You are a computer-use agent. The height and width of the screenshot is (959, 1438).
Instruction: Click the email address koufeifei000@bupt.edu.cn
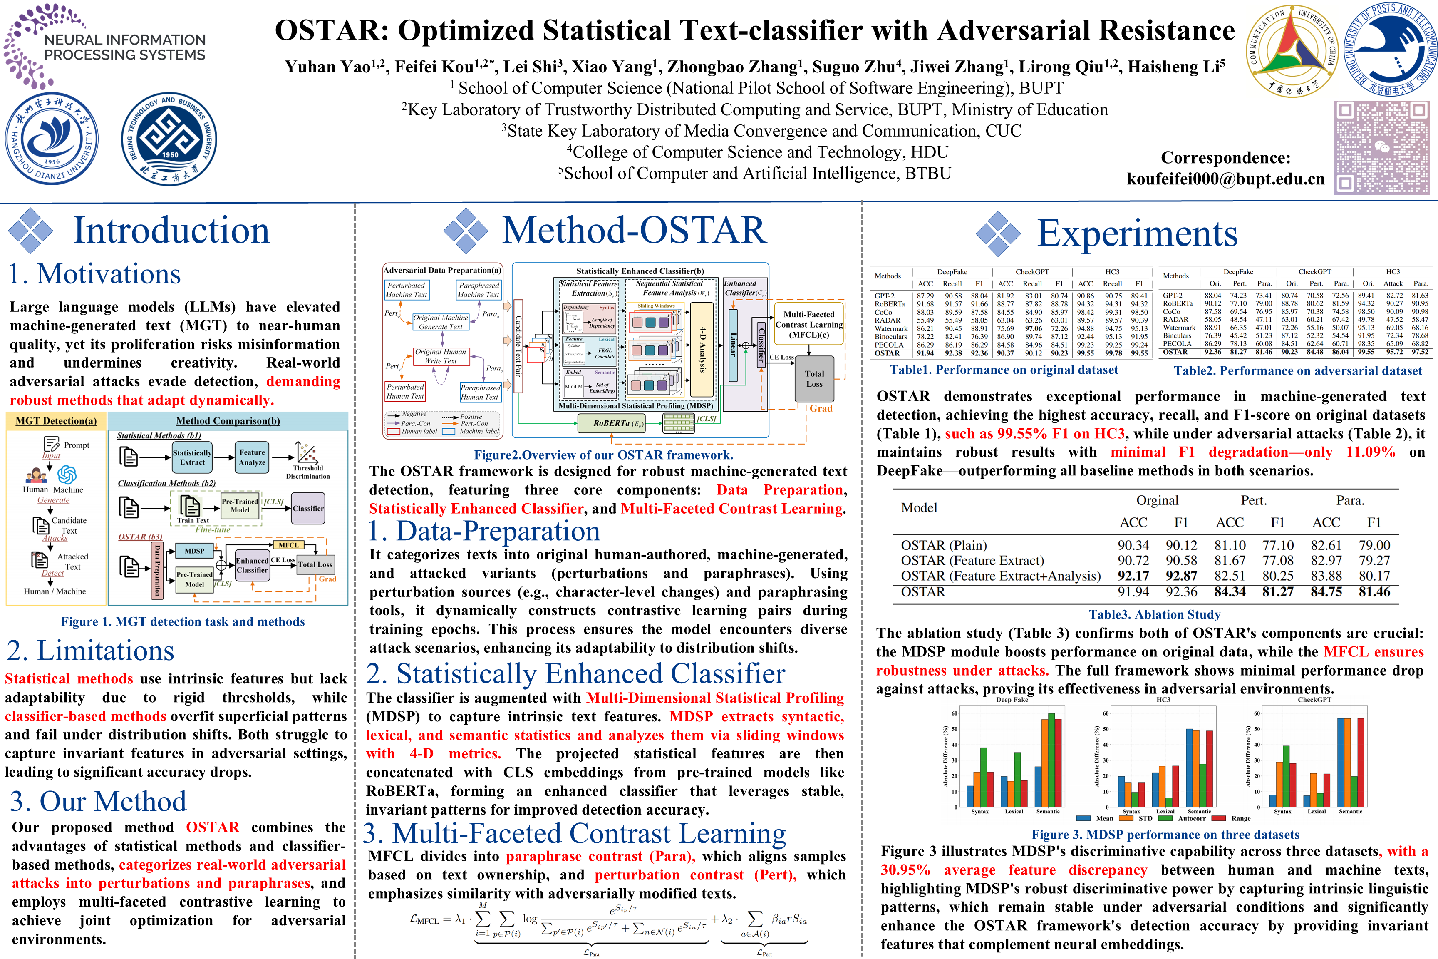(1225, 179)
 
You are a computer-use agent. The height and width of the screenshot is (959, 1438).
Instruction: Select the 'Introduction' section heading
(171, 231)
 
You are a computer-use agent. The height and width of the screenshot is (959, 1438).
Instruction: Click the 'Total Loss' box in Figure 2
(814, 379)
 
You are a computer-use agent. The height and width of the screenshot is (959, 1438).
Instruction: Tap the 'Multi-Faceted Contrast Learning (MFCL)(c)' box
(808, 324)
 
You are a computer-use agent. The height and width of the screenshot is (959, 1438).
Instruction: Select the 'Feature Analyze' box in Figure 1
(253, 457)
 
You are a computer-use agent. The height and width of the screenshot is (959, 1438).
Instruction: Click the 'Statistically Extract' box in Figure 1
(192, 457)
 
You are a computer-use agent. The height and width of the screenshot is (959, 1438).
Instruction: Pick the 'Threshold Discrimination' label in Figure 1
(307, 472)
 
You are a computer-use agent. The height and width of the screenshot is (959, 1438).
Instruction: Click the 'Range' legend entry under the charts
(1240, 818)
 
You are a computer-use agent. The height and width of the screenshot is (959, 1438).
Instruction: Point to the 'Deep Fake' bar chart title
(1012, 700)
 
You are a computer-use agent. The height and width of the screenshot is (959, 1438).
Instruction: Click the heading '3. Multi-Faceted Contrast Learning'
(575, 834)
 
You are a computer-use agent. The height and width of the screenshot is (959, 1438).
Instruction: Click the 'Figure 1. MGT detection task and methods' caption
(182, 622)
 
